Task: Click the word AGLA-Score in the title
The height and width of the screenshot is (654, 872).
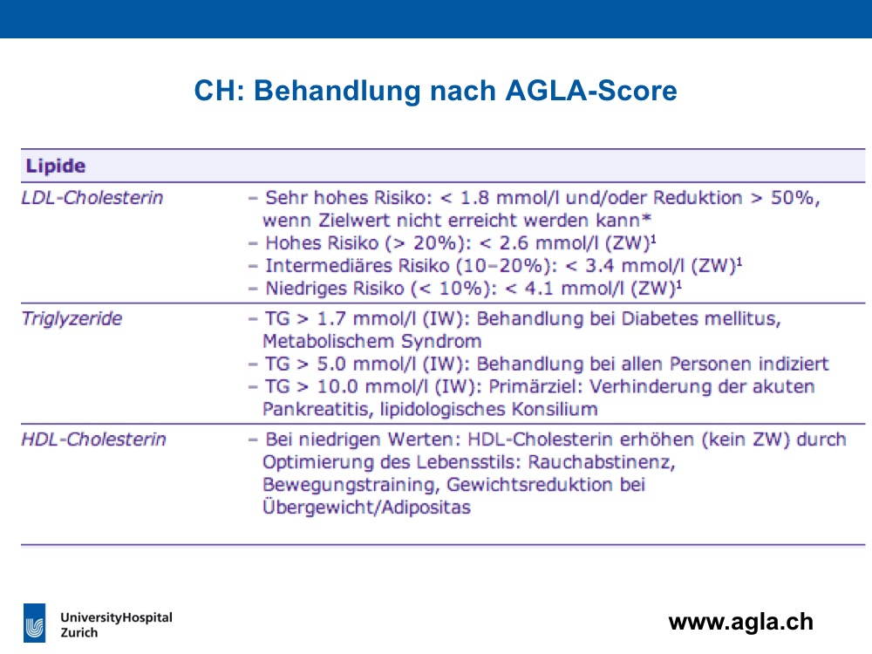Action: [591, 90]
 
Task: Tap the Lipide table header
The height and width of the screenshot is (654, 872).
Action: [56, 166]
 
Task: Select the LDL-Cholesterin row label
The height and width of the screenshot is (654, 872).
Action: [92, 197]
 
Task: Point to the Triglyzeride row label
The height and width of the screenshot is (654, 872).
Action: [72, 318]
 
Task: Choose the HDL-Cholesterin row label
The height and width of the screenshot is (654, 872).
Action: [93, 439]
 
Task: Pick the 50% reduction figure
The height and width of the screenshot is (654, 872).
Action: [793, 197]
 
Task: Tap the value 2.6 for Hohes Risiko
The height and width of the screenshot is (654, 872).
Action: [514, 243]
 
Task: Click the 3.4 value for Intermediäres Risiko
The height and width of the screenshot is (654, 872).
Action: [600, 266]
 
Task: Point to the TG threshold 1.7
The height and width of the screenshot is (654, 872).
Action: [331, 318]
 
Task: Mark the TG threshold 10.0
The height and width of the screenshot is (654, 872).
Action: [337, 386]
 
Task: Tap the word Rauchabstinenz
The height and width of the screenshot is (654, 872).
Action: [601, 462]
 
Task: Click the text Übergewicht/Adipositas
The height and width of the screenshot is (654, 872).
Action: [366, 507]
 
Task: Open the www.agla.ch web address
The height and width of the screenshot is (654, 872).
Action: [740, 622]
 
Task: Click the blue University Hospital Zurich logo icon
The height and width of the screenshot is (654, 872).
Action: [35, 623]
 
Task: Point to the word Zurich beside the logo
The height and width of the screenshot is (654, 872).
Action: [79, 633]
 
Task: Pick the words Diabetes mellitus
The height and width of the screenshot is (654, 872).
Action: [701, 318]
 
